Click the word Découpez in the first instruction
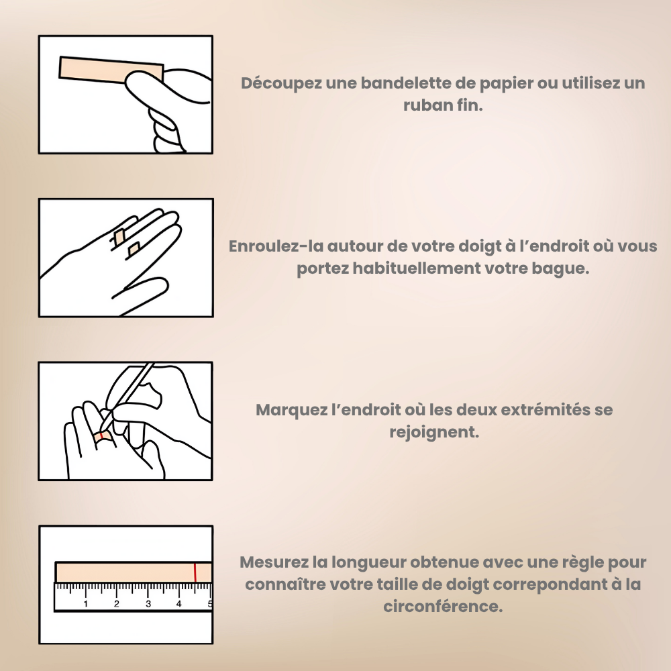(x=281, y=83)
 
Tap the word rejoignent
(x=434, y=432)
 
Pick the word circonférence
(x=442, y=607)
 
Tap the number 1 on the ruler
(x=86, y=604)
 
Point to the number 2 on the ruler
(x=117, y=604)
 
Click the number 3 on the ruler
(x=148, y=604)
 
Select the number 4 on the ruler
(x=179, y=604)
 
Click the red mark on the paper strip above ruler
(x=195, y=572)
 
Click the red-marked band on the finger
(x=103, y=436)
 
